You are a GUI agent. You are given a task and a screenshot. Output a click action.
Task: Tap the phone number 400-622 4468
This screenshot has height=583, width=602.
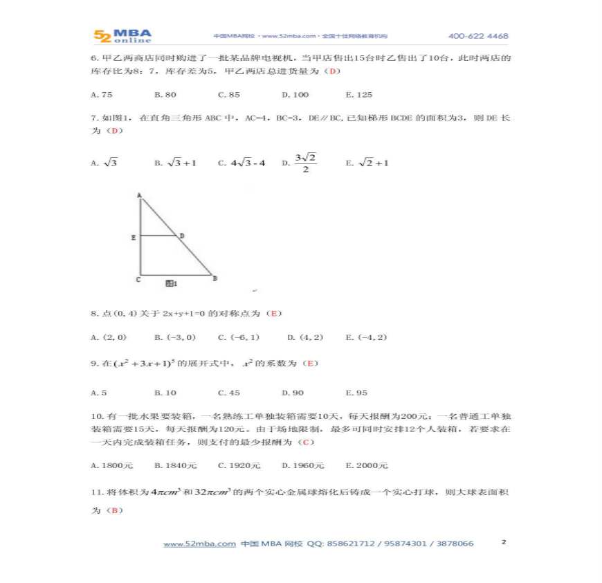[477, 36]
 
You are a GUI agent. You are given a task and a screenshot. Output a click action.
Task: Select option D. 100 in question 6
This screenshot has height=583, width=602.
[295, 95]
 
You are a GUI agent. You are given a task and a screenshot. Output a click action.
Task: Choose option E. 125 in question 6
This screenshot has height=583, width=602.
[358, 95]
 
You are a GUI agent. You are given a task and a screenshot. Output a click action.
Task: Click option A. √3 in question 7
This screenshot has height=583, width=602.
[104, 163]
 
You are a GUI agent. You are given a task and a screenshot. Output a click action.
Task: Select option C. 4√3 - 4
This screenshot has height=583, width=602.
[241, 163]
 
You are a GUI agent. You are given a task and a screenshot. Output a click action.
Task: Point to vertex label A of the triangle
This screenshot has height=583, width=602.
[139, 195]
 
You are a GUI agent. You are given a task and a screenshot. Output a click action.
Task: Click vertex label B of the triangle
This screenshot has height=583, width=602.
[215, 278]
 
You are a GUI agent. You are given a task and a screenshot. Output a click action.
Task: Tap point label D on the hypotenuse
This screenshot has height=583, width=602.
[182, 236]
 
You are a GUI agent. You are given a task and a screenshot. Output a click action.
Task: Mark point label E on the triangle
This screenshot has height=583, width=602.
[133, 237]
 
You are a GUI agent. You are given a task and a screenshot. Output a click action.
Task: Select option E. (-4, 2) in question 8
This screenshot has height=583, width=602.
[366, 337]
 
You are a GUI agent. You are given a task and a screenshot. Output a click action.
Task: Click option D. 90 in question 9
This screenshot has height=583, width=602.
[295, 393]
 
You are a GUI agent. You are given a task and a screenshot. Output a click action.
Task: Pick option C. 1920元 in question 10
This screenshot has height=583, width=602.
[239, 465]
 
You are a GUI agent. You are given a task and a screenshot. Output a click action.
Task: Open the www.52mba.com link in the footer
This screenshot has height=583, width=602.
[199, 544]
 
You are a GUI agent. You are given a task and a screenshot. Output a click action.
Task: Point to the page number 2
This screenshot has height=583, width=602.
[504, 542]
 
